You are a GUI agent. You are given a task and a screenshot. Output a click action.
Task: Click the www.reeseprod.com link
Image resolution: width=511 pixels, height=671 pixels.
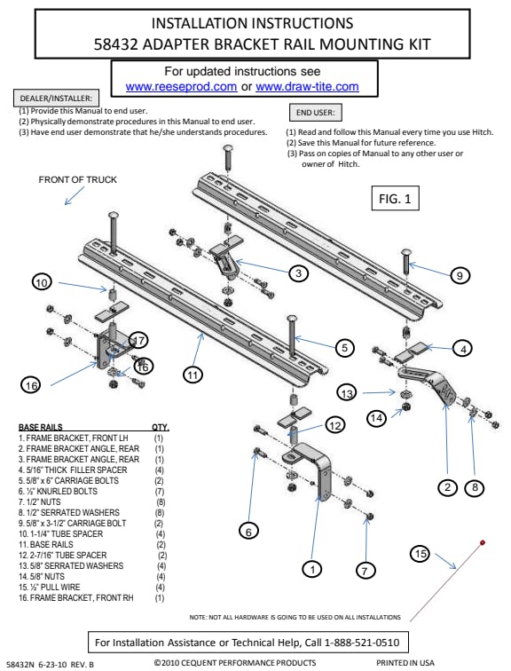tap(181, 86)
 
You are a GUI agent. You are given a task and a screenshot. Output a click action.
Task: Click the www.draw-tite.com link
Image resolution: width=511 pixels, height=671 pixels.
tap(307, 86)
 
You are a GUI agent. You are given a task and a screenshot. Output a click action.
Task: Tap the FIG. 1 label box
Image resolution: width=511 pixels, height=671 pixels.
tap(395, 198)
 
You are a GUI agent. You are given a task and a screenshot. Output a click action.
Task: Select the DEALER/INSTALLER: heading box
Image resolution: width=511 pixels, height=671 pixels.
tap(56, 98)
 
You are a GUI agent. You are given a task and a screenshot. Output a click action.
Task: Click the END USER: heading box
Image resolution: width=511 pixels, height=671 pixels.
tap(316, 113)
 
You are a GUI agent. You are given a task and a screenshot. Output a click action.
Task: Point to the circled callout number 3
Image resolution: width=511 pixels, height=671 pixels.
tap(298, 273)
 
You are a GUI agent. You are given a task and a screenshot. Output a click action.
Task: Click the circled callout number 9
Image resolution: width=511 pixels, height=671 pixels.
tap(460, 275)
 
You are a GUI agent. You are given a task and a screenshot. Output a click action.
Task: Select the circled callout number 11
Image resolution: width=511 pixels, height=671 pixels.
tap(193, 375)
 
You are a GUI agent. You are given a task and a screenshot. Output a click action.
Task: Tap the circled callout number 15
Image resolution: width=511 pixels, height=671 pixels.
tap(421, 554)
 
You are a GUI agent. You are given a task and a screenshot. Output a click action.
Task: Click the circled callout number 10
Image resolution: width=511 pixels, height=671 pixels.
tap(42, 282)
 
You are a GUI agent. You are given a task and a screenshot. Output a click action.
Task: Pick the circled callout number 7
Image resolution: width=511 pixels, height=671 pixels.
tap(365, 571)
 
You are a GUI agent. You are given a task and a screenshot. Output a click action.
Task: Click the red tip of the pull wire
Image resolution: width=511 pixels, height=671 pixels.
tap(483, 542)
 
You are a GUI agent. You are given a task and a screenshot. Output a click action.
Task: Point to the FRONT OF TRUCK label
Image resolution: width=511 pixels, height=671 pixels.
tap(77, 179)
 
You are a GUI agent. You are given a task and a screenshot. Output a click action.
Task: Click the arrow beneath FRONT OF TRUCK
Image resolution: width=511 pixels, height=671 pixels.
tap(74, 196)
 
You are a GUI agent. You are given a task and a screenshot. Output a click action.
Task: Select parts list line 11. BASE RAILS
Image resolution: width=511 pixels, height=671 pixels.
tap(46, 545)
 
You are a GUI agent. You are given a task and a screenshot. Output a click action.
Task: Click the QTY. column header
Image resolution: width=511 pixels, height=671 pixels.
tap(161, 428)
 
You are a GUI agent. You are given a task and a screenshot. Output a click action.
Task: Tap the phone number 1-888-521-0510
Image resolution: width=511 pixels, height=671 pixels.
tap(362, 643)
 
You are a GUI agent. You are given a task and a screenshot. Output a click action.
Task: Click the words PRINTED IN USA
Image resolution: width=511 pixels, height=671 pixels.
tap(405, 663)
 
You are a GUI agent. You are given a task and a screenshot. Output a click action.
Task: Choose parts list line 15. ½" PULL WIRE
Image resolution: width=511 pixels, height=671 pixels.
tap(49, 588)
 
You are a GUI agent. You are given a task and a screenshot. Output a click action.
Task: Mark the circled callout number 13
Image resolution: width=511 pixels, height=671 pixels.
tap(347, 392)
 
